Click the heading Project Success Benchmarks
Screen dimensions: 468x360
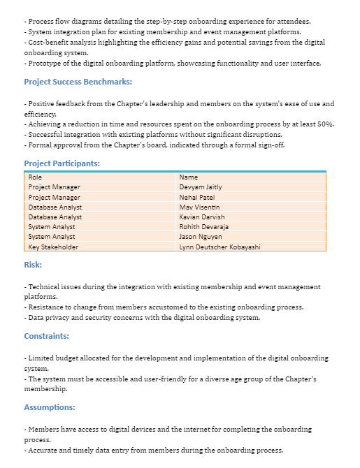pyautogui.click(x=78, y=82)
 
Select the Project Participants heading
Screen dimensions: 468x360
pyautogui.click(x=62, y=163)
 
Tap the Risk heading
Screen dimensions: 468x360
pyautogui.click(x=33, y=265)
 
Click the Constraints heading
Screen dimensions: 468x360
pyautogui.click(x=46, y=336)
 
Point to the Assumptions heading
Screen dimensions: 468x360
pyautogui.click(x=49, y=407)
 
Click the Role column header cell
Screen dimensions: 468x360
pyautogui.click(x=35, y=177)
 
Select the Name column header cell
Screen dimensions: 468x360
pyautogui.click(x=189, y=177)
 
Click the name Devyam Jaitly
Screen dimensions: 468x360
pyautogui.click(x=201, y=187)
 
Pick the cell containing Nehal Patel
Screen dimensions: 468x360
pyautogui.click(x=196, y=197)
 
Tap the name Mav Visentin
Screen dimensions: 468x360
pyautogui.click(x=199, y=207)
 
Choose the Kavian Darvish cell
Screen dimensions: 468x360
pyautogui.click(x=202, y=217)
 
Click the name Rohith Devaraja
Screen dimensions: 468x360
pyautogui.click(x=203, y=227)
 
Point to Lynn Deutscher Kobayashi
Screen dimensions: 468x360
pyautogui.click(x=219, y=247)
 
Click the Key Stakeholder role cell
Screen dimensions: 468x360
pyautogui.click(x=53, y=247)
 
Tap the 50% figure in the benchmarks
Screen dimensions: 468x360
pyautogui.click(x=325, y=124)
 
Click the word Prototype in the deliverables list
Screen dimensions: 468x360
pyautogui.click(x=44, y=64)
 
